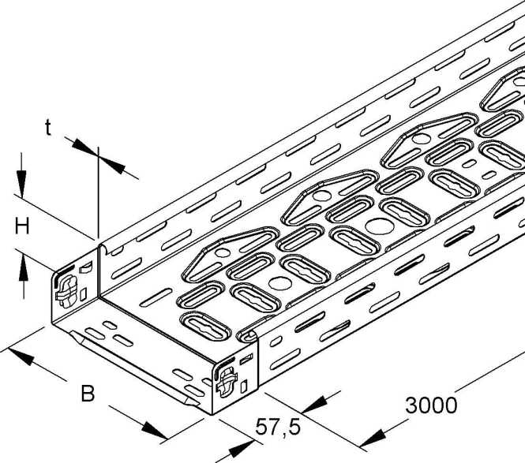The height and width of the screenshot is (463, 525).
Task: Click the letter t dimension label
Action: pos(48,128)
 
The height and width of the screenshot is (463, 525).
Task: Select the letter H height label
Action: pos(22,226)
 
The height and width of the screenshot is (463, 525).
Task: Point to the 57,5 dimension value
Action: pos(278,428)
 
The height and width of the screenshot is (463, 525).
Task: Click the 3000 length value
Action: pos(431,405)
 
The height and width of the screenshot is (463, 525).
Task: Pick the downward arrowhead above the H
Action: pos(21,184)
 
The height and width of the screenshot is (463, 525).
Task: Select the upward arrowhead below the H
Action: pos(24,267)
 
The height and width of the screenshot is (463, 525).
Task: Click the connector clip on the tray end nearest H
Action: pos(67,291)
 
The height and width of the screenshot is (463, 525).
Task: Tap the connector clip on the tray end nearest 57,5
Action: pos(227,382)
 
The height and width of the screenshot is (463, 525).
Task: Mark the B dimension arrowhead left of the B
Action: pos(21,357)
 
